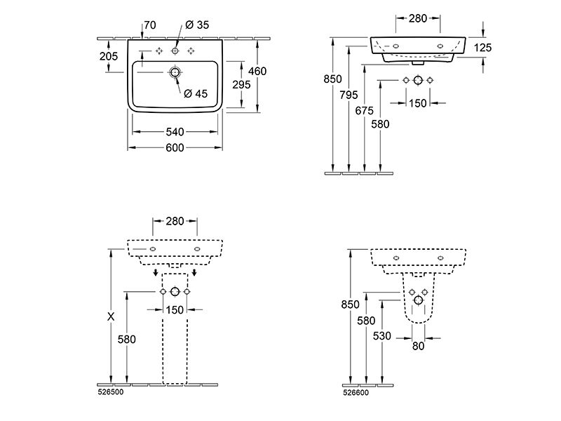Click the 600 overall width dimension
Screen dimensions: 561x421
(175, 147)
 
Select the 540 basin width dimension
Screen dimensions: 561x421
(175, 132)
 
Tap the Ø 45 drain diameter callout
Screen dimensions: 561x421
(196, 93)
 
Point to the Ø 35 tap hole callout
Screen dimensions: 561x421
(197, 25)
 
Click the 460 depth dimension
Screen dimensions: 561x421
(257, 72)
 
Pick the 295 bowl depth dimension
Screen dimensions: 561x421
(241, 84)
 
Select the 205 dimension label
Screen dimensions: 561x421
(109, 56)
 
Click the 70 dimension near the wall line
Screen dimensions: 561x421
(150, 25)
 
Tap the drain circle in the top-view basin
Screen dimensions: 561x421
(175, 73)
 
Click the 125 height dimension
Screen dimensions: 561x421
(482, 47)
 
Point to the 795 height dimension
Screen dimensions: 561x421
(349, 95)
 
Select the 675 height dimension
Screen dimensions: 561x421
(364, 111)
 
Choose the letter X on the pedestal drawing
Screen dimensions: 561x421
(111, 316)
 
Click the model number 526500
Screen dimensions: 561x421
(111, 392)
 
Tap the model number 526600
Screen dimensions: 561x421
(356, 393)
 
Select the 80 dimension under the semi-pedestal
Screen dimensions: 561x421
(418, 346)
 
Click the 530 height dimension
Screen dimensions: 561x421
(382, 336)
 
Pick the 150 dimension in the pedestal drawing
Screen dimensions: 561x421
(175, 309)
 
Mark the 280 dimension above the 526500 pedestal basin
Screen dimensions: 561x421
(175, 221)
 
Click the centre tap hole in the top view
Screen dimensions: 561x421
(175, 51)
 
